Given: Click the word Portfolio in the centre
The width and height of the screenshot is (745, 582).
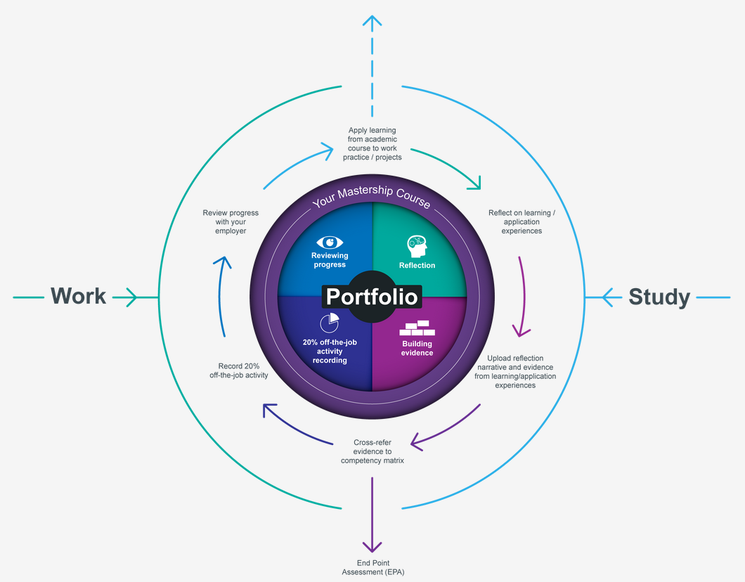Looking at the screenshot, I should tap(372, 297).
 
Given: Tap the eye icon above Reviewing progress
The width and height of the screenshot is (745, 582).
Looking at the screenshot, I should tap(330, 242).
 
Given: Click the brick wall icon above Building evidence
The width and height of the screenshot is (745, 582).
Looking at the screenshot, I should tap(417, 328).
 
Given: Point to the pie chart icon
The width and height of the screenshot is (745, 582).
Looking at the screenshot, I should tap(329, 323).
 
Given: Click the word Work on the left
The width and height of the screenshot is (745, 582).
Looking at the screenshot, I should tap(78, 297).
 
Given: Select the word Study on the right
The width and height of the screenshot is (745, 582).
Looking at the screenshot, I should tap(659, 297).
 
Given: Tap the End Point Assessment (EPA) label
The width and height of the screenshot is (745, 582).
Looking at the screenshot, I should tap(372, 567).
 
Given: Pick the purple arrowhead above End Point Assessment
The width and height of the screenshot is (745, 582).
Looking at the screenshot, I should tap(372, 545).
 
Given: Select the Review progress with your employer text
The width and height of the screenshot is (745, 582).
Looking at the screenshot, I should tap(231, 222).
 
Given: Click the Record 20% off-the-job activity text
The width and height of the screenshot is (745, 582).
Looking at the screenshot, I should tap(238, 370).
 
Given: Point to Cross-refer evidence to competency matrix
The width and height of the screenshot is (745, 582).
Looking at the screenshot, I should tap(372, 451).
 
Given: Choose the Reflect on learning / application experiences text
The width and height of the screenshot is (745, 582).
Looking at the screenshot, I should tap(521, 221).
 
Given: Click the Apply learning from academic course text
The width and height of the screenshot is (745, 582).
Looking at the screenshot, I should tap(372, 143).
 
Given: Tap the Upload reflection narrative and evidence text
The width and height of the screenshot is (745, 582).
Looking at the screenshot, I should tap(515, 372).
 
